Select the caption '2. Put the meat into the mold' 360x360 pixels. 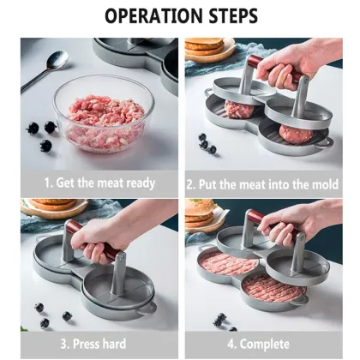pos(263,183)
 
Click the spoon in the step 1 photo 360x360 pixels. pos(45,69)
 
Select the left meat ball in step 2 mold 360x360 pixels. pos(239,110)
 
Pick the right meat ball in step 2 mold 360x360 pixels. pos(296,132)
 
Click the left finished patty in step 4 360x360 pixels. pos(227,264)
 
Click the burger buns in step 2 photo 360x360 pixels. pos(205,48)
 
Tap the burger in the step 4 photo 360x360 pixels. pos(200,214)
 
